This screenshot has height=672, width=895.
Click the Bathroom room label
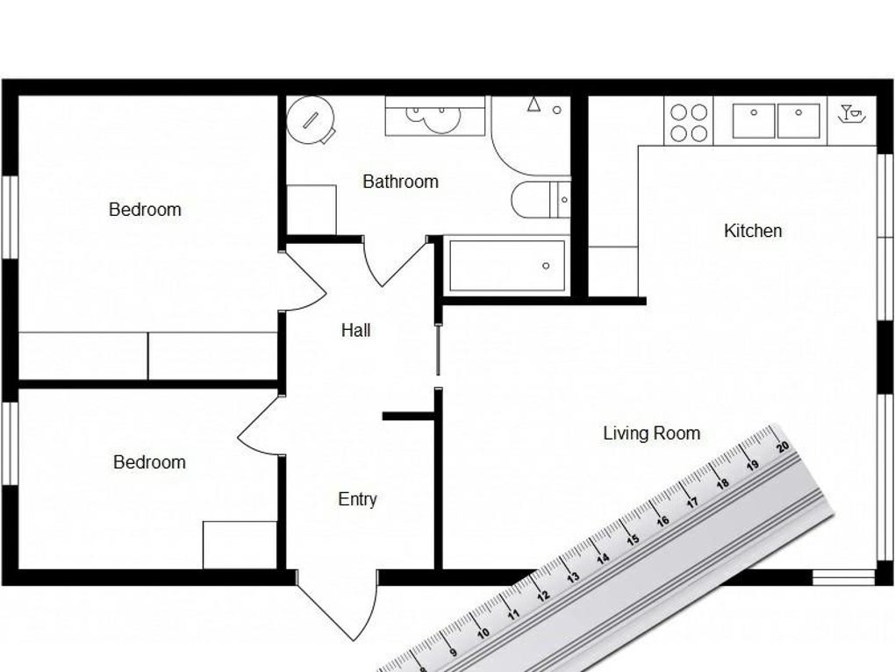(400, 182)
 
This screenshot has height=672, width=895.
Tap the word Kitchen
(753, 231)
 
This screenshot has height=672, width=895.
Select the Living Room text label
(651, 433)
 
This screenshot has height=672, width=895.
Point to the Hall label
(355, 330)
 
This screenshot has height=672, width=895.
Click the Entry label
(357, 499)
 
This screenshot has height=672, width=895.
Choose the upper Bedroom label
(145, 209)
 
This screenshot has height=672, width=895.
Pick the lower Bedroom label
(149, 461)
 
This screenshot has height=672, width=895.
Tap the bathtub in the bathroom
(507, 265)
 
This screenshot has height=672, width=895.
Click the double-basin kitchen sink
(776, 121)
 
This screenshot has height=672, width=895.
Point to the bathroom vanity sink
(434, 116)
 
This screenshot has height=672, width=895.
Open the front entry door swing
(338, 605)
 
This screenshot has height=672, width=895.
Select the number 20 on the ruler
(782, 447)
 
